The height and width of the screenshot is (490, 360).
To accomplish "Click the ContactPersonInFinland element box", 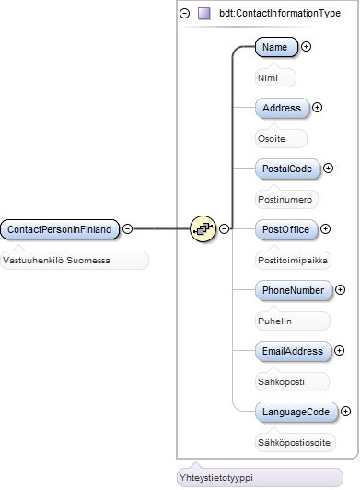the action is click(x=60, y=229).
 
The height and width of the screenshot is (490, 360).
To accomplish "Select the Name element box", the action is click(x=276, y=47).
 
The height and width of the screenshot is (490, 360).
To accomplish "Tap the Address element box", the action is click(x=282, y=108).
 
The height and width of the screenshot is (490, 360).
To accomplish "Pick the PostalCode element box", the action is click(x=287, y=169).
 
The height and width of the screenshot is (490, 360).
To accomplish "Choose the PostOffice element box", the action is click(x=286, y=229).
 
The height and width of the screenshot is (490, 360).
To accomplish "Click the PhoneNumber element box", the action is click(x=294, y=290).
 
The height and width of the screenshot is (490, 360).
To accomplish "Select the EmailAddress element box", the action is click(x=293, y=351).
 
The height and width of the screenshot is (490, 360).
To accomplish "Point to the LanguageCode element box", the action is click(x=296, y=412).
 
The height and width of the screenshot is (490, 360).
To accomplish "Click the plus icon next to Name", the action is click(x=306, y=47).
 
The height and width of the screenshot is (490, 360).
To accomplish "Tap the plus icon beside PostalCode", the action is click(x=328, y=169).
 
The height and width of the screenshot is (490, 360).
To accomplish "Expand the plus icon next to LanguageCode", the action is click(x=345, y=411).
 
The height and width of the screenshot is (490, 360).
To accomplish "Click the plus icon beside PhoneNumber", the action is click(x=340, y=290).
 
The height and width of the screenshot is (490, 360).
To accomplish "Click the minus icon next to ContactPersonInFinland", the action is click(x=127, y=228).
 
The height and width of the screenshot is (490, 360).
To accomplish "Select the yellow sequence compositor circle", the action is click(x=203, y=229).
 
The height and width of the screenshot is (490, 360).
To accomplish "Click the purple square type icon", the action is click(x=204, y=14).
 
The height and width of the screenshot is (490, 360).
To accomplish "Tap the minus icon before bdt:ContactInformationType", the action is click(x=185, y=14).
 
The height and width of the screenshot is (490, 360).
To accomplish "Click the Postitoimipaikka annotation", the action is click(x=293, y=260).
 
